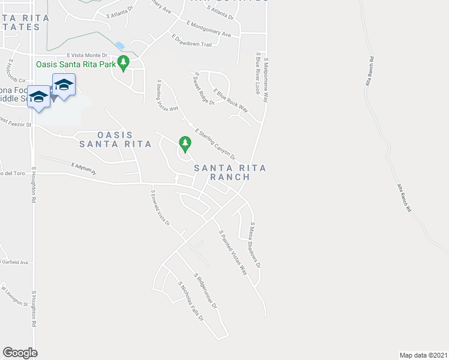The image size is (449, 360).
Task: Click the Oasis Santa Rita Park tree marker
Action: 124,62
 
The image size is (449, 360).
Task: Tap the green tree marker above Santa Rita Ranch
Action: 185,143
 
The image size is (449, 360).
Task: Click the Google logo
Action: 20,353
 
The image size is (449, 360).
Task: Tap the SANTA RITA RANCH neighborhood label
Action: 221,173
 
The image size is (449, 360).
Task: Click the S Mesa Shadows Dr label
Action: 256,245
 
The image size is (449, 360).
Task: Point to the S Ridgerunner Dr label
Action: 204,291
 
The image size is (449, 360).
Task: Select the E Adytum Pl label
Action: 83,167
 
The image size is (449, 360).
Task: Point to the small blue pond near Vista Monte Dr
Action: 121,46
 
